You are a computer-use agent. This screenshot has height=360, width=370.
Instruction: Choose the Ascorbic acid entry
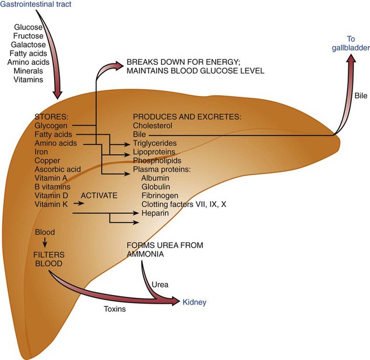58,169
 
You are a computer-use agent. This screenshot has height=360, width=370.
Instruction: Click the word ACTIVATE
99,195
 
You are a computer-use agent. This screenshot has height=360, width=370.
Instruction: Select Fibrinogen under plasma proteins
161,195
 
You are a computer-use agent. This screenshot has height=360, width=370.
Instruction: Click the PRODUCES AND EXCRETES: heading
187,117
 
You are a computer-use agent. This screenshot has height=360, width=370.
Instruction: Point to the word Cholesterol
153,126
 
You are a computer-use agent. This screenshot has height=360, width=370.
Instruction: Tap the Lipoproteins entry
154,152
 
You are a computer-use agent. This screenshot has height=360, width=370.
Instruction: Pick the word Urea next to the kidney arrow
161,283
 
